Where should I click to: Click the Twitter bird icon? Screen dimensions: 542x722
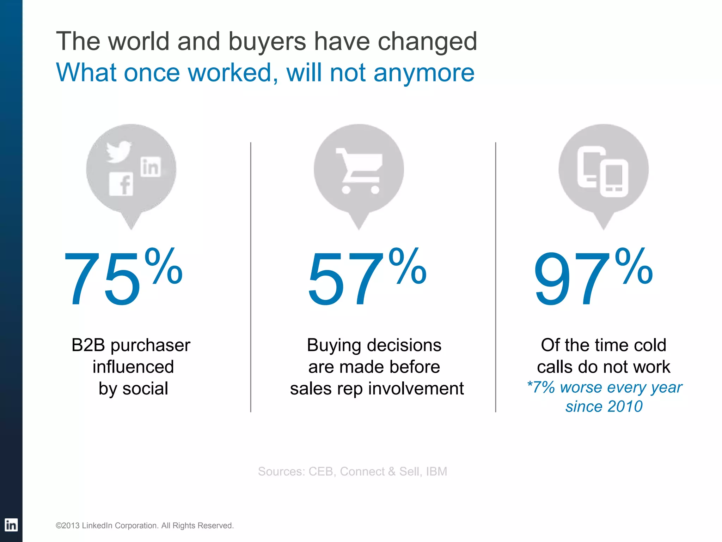tap(119, 152)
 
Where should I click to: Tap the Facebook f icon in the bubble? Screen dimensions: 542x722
tap(121, 184)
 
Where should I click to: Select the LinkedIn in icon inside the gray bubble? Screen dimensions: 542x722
tap(151, 167)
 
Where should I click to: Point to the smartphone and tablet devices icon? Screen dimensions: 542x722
tap(603, 171)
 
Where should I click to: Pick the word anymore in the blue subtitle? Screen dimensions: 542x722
tap(424, 73)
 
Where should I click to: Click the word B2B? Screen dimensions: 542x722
tap(88, 345)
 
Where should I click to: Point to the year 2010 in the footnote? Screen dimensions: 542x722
tap(625, 406)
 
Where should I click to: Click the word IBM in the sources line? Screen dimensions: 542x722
tap(436, 471)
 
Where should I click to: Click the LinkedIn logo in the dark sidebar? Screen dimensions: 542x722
tap(11, 525)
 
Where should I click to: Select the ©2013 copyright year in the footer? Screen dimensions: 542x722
tap(68, 526)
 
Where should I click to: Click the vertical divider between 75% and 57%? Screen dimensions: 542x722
tap(251, 277)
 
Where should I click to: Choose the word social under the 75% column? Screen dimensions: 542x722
tap(145, 389)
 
